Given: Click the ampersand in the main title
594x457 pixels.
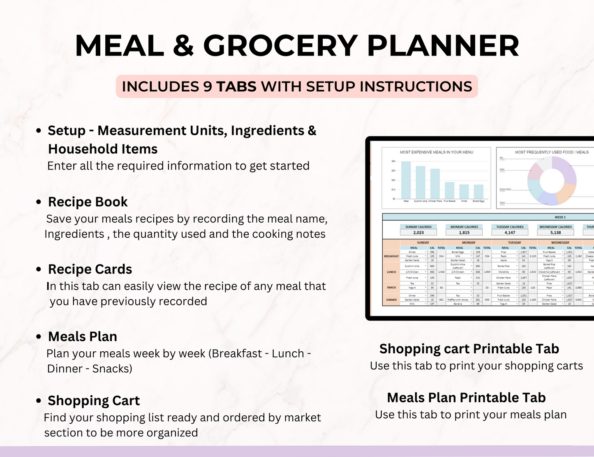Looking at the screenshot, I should click(x=183, y=46).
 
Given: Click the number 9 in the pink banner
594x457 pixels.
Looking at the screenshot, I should click(x=208, y=87).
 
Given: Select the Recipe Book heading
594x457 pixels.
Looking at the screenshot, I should click(x=88, y=202).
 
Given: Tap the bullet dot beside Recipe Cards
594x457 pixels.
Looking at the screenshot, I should click(x=39, y=270).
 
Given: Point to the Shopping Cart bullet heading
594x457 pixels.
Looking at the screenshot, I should click(x=94, y=401).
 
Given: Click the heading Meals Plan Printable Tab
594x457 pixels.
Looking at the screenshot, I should click(x=466, y=398).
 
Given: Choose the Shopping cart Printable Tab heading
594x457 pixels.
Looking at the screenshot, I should click(x=469, y=349).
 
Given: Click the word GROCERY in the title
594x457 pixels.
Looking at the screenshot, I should click(x=280, y=46).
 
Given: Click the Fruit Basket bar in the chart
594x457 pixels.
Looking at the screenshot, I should click(x=449, y=190).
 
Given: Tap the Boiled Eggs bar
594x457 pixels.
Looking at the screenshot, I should click(x=478, y=192).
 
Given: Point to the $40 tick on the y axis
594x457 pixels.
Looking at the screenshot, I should click(x=393, y=161).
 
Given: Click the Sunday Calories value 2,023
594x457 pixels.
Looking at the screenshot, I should click(x=418, y=232).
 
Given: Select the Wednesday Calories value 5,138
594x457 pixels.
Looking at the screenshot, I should click(x=555, y=232).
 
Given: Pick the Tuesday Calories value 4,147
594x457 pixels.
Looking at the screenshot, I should click(x=510, y=232).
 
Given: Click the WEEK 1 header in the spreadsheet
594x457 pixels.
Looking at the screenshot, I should click(x=560, y=217).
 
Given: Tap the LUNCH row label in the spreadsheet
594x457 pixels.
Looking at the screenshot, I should click(x=391, y=272).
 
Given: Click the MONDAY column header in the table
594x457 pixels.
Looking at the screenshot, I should click(x=469, y=243).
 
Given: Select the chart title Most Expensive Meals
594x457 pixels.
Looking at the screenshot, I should click(x=437, y=152).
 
